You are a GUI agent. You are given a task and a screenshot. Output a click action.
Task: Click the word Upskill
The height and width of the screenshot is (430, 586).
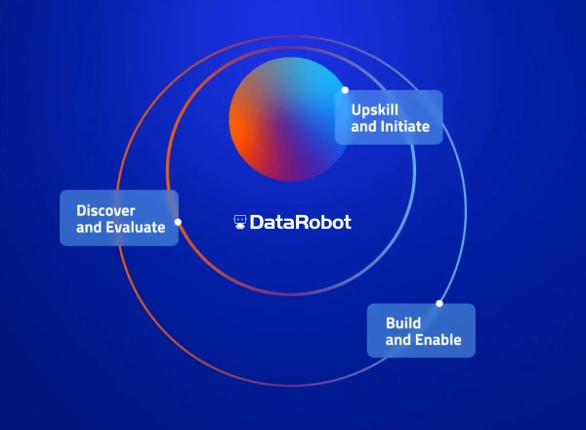[x=374, y=108]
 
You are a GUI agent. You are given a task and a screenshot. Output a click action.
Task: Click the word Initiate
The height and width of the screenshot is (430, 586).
[x=404, y=127]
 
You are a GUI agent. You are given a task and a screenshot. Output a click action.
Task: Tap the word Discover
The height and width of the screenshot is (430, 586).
[x=105, y=210]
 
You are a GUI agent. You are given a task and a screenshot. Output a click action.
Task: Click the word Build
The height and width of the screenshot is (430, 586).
[x=403, y=322]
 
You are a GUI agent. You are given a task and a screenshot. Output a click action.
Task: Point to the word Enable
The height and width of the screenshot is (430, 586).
[x=439, y=340]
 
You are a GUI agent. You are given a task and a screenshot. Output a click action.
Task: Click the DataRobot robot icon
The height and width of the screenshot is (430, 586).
[x=240, y=223]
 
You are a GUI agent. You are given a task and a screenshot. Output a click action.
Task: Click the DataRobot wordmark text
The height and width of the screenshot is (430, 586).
[x=301, y=223]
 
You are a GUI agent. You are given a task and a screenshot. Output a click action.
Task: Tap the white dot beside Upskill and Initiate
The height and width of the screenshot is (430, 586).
[x=345, y=90]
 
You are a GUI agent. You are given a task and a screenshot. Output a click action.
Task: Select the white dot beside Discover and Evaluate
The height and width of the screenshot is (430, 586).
[x=178, y=222]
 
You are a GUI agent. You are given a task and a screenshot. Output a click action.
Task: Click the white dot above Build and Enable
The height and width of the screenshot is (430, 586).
[x=439, y=303]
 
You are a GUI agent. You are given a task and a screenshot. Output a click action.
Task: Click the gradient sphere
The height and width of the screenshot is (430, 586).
[x=289, y=119]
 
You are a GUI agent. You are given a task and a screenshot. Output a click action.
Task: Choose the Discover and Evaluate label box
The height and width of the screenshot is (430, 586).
[x=119, y=219]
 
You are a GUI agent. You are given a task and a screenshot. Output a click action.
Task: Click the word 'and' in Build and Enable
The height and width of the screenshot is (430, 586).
[x=398, y=340]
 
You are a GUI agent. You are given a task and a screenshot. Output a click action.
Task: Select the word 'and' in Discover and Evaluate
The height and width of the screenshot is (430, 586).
[x=89, y=229]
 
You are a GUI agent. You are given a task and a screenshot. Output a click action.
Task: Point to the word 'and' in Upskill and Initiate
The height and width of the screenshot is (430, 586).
[x=363, y=127]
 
